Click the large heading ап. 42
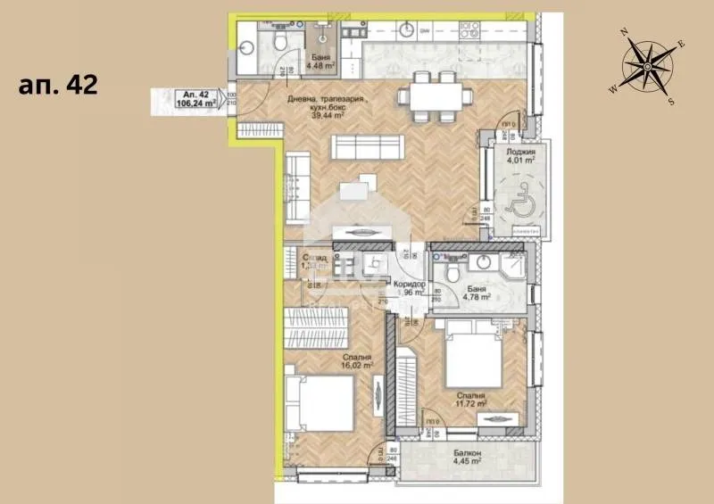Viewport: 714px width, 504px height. click(58, 86)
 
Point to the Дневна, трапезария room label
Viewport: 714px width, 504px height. click(325, 104)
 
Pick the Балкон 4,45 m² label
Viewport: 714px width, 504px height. click(466, 457)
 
